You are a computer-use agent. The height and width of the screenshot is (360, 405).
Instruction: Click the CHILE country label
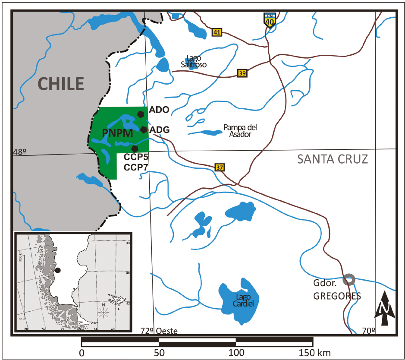pos(60,83)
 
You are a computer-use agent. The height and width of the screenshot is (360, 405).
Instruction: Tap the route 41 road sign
pos(217,32)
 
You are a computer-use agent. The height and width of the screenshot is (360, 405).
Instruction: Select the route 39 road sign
pos(242,73)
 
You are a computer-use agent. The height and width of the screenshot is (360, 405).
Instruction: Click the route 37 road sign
pos(219,167)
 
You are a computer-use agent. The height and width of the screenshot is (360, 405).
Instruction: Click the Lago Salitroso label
pos(194,61)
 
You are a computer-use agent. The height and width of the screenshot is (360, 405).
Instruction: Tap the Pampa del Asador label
pos(237,131)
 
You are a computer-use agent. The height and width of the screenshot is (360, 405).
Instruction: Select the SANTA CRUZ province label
pos(333,159)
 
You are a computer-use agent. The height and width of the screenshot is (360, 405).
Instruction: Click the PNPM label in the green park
pos(118,133)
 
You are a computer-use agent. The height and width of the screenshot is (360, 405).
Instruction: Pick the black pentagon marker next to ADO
pos(141,114)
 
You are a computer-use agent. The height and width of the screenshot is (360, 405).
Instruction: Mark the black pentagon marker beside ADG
pos(143,129)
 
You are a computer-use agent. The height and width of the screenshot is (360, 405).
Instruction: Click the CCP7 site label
pos(136,167)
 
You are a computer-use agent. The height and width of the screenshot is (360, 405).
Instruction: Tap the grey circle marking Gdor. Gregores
pos(348,279)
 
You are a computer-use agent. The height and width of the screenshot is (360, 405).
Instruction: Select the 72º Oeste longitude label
pos(159,331)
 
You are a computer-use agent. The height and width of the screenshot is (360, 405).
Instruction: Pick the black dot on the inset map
pos(58,270)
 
